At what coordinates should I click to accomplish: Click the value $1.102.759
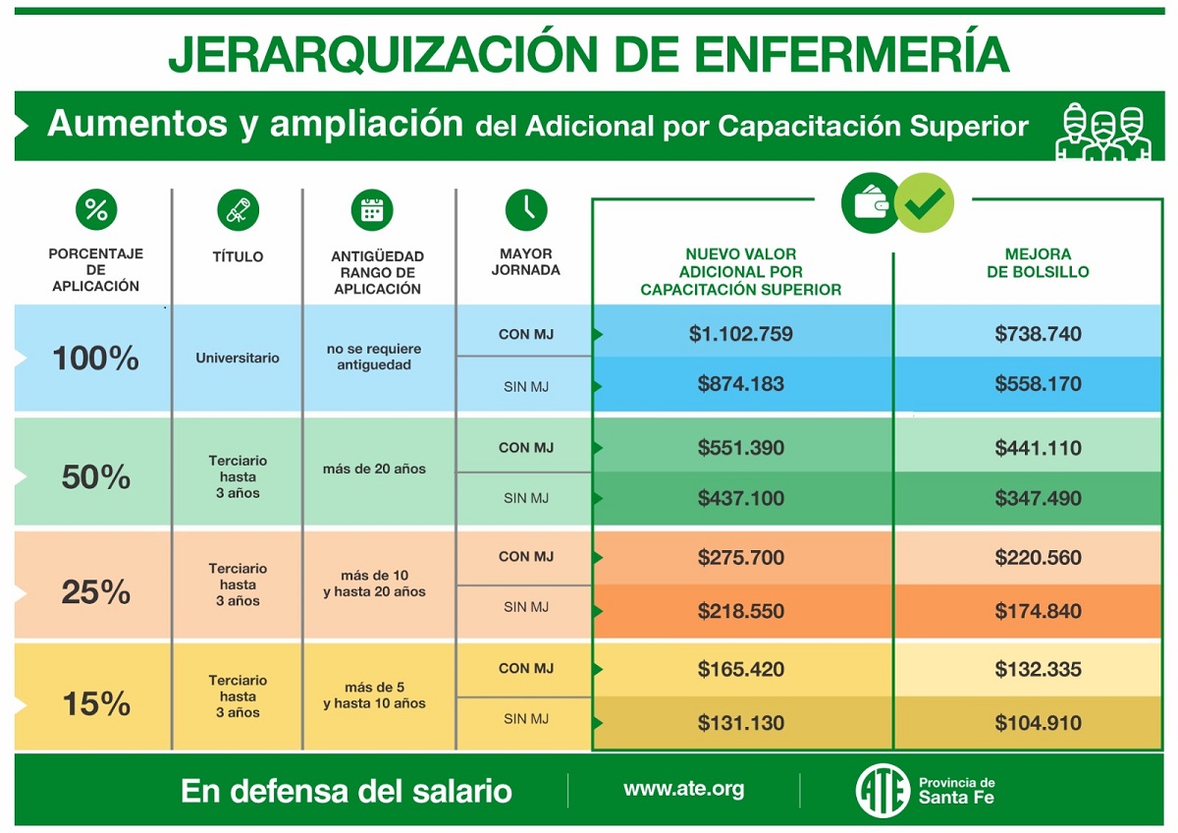point(740,334)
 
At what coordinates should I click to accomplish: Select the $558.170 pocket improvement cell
point(1038,384)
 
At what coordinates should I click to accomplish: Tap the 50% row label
point(96,476)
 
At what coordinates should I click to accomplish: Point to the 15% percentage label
point(96,703)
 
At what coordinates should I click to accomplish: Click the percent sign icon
point(96,209)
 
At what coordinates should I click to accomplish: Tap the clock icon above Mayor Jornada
point(526,210)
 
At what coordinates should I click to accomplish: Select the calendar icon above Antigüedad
point(372,210)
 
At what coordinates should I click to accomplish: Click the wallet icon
point(870,202)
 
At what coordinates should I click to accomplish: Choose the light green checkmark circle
point(924,202)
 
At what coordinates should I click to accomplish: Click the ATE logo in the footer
point(883,791)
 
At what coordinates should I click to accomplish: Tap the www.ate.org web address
point(683,790)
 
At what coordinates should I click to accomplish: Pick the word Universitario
point(238,358)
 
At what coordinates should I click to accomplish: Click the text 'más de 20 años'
point(374,469)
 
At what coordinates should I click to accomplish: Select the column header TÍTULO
point(238,256)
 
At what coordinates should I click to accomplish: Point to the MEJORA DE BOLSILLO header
point(1038,263)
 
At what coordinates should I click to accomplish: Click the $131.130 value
point(740,723)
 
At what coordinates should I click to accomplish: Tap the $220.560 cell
point(1038,557)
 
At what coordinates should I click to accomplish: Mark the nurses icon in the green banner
point(1102,132)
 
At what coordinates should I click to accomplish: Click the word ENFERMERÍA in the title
point(851,54)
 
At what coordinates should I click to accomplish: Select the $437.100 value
point(740,498)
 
